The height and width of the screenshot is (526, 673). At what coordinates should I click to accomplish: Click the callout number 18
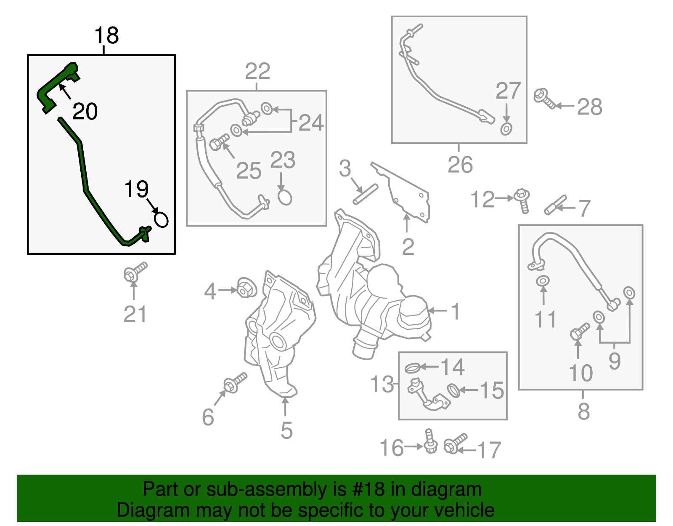[x=106, y=35]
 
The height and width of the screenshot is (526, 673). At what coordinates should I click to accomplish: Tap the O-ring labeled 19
[x=161, y=219]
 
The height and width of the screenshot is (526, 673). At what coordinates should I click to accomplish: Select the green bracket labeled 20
[x=57, y=87]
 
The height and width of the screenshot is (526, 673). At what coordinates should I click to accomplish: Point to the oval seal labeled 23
[x=285, y=197]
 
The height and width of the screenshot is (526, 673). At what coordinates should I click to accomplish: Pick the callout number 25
[x=249, y=171]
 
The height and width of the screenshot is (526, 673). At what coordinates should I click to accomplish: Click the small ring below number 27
[x=506, y=129]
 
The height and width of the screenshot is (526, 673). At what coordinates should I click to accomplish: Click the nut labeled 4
[x=246, y=288]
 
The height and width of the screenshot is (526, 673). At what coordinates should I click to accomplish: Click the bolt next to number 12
[x=522, y=200]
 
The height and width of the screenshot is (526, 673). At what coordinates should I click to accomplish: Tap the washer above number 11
[x=543, y=280]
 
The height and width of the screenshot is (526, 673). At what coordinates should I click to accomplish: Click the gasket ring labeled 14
[x=413, y=368]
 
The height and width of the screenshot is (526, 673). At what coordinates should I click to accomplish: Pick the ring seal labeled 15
[x=453, y=390]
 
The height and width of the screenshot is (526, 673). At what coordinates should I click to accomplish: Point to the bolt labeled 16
[x=430, y=442]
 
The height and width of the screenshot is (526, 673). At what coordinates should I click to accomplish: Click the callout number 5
[x=286, y=430]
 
